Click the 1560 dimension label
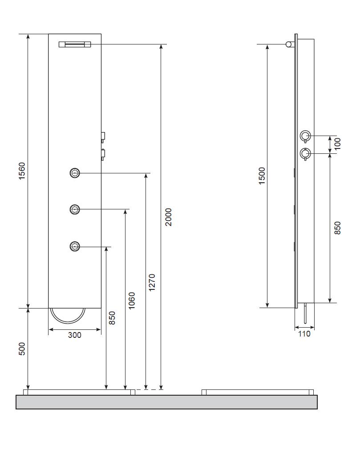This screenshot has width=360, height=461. click(x=22, y=171)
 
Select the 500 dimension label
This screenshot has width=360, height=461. click(x=22, y=349)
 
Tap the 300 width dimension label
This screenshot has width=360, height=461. click(x=74, y=335)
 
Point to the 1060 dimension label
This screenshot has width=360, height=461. click(x=132, y=301)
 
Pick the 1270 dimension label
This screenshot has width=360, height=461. click(x=152, y=283)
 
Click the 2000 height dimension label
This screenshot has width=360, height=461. click(x=168, y=217)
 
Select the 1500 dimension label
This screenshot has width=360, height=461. click(x=262, y=176)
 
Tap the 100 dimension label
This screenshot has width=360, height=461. click(x=338, y=144)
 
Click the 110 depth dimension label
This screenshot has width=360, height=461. click(x=304, y=334)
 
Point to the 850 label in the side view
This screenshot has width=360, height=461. click(x=338, y=228)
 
